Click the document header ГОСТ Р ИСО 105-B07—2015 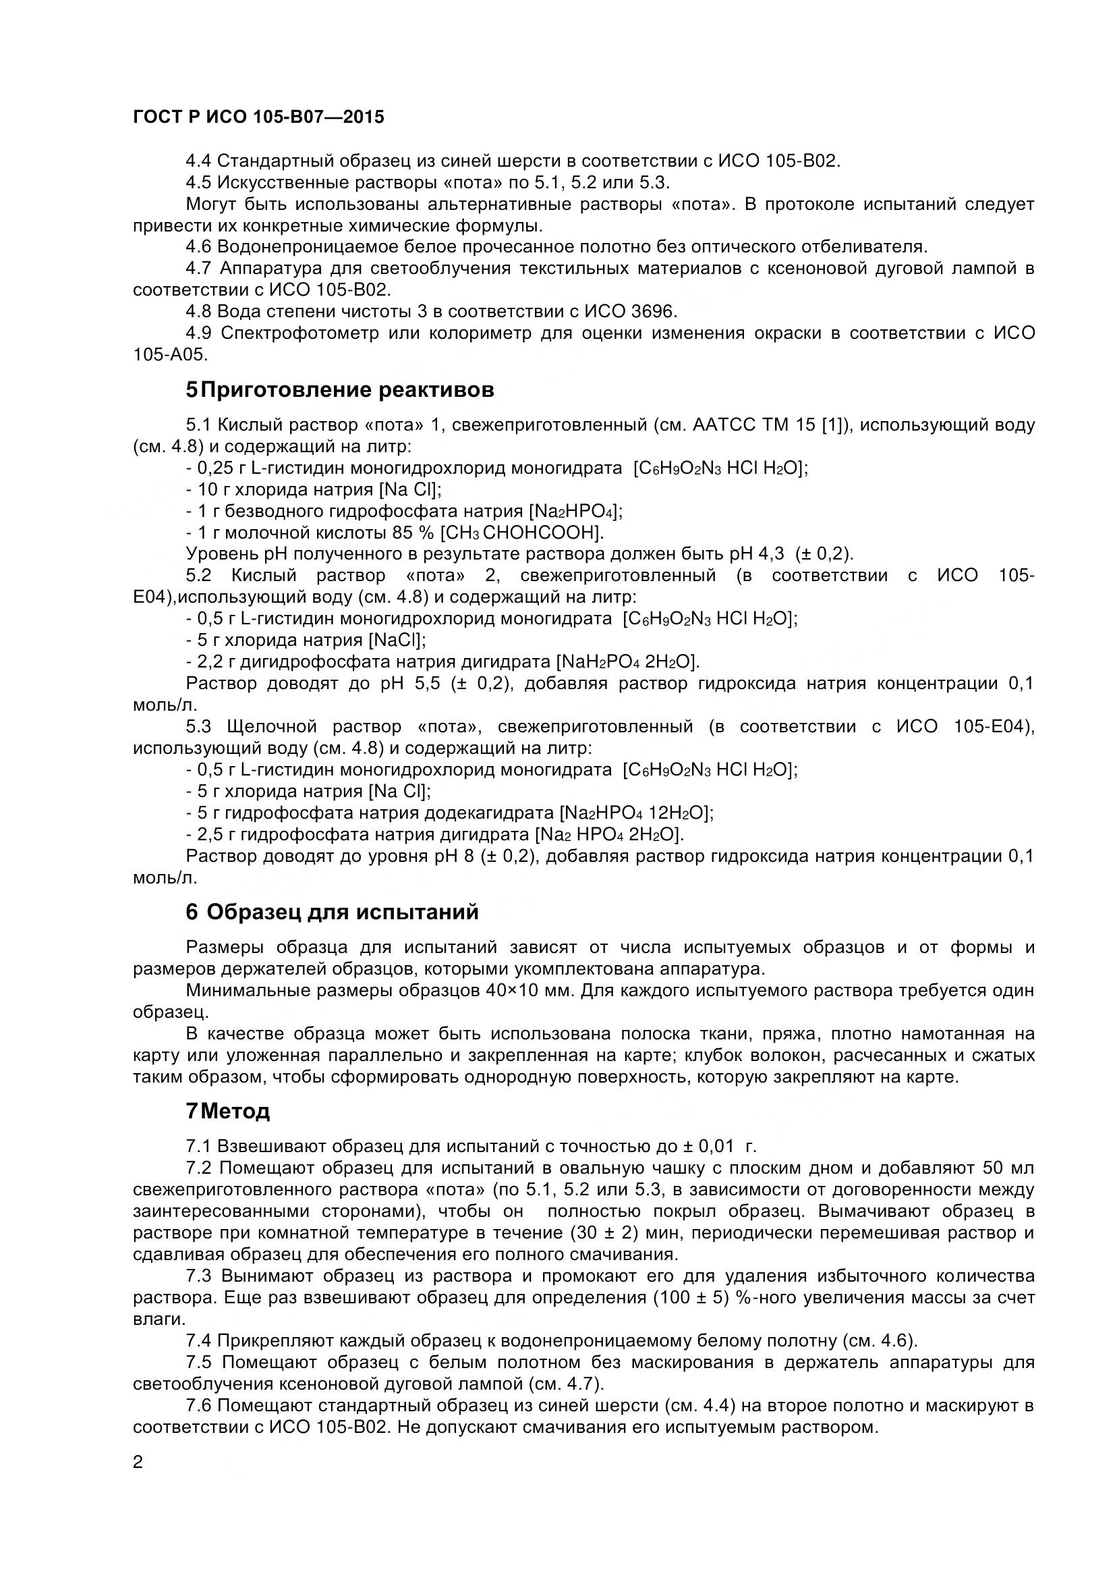point(258,117)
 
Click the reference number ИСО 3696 point(630,311)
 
